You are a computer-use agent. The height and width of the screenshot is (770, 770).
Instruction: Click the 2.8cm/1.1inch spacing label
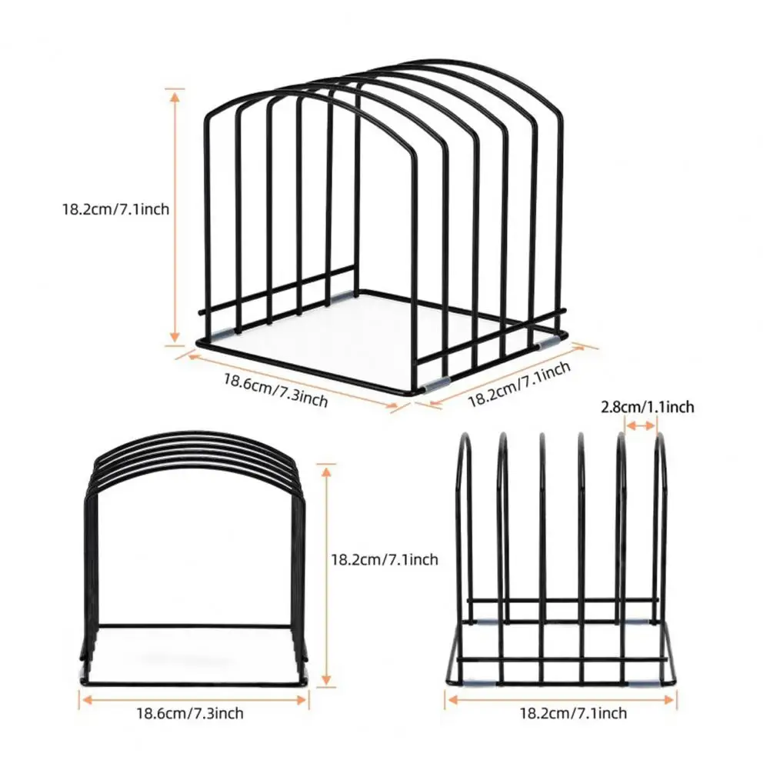coord(647,407)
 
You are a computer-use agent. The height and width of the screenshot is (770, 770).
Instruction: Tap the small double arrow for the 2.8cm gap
coord(640,425)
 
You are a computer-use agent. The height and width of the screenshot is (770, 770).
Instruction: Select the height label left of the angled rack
coord(115,208)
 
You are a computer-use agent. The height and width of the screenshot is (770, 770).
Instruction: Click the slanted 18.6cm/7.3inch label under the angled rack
coord(275,391)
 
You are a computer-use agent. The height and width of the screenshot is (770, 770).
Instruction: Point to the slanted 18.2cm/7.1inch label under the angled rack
coord(519,385)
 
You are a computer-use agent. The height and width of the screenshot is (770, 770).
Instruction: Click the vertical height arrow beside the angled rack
coord(175,217)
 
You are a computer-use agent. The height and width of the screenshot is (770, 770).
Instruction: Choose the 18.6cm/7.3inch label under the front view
coord(189,713)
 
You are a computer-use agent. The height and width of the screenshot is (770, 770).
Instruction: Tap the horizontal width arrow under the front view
coord(194,700)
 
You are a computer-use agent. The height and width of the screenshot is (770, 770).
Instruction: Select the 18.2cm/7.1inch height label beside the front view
coord(385,559)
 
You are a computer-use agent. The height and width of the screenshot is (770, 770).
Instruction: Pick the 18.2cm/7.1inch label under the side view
coord(573,713)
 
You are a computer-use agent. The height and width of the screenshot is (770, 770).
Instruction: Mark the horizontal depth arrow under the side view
coord(560,700)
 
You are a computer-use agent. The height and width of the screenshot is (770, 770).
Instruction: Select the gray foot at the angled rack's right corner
coord(546,343)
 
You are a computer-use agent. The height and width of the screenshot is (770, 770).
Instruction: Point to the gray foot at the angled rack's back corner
coord(343,296)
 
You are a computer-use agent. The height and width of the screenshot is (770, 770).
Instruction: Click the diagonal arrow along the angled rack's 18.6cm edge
coord(292,381)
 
